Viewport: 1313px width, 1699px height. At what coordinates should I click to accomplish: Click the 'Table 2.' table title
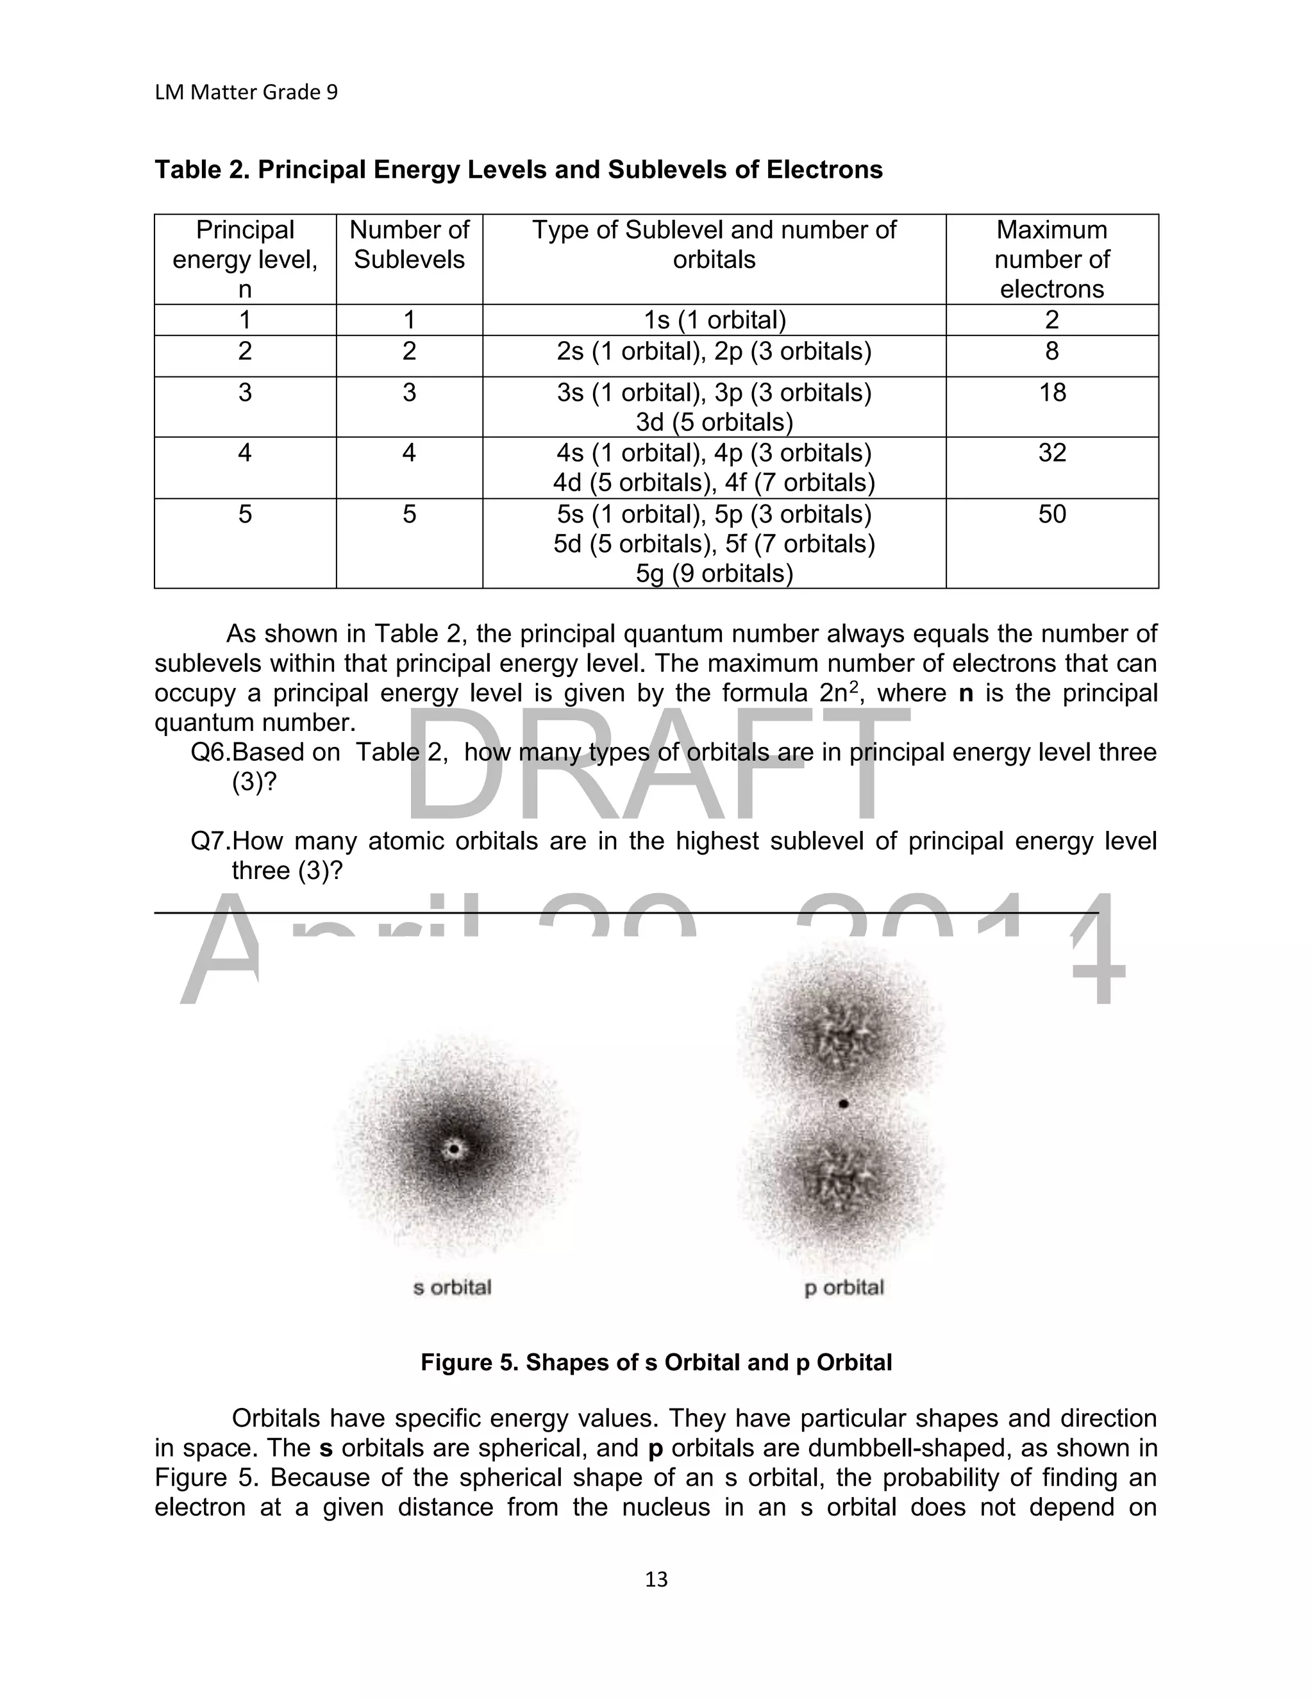[518, 170]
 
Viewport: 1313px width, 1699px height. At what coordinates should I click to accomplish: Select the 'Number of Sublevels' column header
[409, 244]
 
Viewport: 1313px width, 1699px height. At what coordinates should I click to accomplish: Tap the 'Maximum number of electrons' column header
[1051, 259]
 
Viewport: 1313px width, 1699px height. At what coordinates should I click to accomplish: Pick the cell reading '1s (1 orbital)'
[714, 320]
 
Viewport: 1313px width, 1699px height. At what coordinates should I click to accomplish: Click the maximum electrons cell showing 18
[1051, 393]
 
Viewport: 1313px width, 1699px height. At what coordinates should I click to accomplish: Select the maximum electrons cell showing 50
[1051, 514]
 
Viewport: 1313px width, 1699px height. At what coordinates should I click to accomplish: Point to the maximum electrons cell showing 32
[1051, 453]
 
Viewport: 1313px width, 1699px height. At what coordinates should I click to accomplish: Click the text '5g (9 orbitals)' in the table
[714, 573]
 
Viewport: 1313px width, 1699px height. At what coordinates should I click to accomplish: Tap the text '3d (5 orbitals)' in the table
[714, 423]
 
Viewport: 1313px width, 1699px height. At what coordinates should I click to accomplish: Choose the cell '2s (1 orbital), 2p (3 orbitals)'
[714, 351]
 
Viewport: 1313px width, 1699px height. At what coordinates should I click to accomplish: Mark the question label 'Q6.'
[210, 752]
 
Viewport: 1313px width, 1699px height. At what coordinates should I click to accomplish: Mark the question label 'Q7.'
[210, 841]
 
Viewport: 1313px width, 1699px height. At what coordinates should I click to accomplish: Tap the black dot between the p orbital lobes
[844, 1103]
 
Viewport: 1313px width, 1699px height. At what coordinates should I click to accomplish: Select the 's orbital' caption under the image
[452, 1287]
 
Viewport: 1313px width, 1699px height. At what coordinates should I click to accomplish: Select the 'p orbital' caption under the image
[844, 1288]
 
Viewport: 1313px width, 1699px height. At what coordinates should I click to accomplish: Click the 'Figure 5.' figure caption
[656, 1362]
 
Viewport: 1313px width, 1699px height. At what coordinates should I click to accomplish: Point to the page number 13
[656, 1578]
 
